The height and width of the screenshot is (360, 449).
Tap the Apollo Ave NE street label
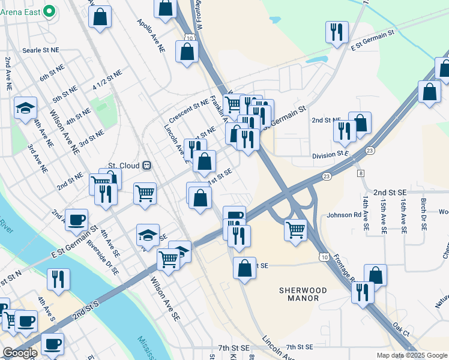click(151, 37)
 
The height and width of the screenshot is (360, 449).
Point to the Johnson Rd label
click(344, 215)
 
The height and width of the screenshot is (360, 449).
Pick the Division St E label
click(330, 154)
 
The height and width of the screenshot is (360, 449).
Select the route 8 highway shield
click(361, 173)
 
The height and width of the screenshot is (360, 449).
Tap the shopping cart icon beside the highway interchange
click(295, 229)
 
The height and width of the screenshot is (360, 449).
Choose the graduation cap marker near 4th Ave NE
click(25, 107)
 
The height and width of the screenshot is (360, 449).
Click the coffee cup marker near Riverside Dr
click(76, 219)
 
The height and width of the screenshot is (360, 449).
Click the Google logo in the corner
click(19, 353)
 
